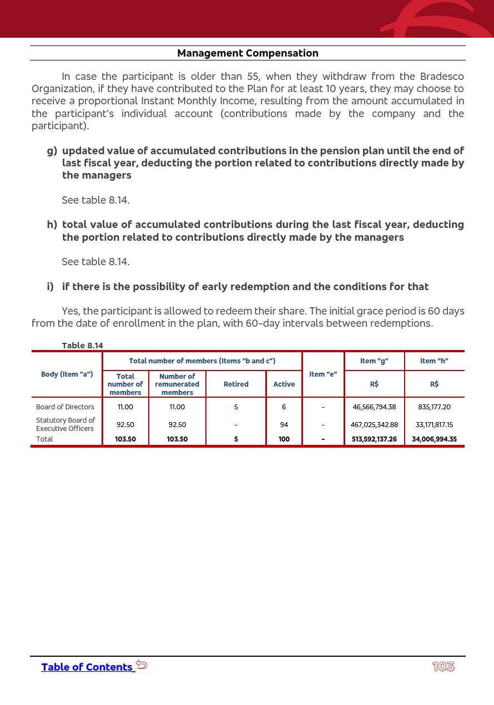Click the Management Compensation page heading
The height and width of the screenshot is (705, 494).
[248, 53]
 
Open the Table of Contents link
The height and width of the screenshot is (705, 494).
[87, 667]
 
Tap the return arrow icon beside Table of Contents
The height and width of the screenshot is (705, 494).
[142, 665]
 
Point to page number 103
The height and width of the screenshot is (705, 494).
[443, 667]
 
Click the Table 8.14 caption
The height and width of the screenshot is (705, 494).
[82, 346]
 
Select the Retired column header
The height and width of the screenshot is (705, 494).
[236, 384]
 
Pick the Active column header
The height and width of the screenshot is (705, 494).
[284, 384]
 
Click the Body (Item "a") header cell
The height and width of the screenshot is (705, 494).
[67, 374]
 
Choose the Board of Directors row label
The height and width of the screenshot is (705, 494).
[65, 407]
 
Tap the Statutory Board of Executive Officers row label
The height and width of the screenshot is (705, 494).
[65, 424]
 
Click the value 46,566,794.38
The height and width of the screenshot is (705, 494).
[374, 407]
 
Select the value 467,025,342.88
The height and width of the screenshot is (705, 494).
[374, 425]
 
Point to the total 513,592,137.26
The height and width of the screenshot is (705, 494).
[374, 439]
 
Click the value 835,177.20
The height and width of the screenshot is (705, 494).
[434, 407]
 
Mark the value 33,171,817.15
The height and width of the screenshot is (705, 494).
[434, 425]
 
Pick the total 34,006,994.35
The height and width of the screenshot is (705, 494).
[434, 439]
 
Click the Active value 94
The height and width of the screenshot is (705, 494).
[284, 425]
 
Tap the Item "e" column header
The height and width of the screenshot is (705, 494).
[323, 374]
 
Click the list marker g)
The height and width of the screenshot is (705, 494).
[52, 151]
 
